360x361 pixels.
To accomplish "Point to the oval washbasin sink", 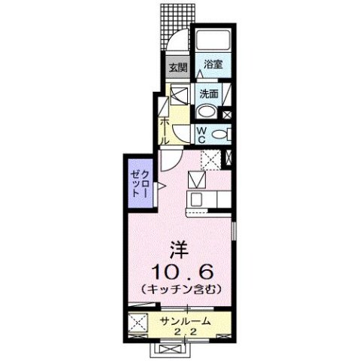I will [x=205, y=112].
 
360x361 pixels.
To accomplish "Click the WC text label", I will [x=202, y=133].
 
